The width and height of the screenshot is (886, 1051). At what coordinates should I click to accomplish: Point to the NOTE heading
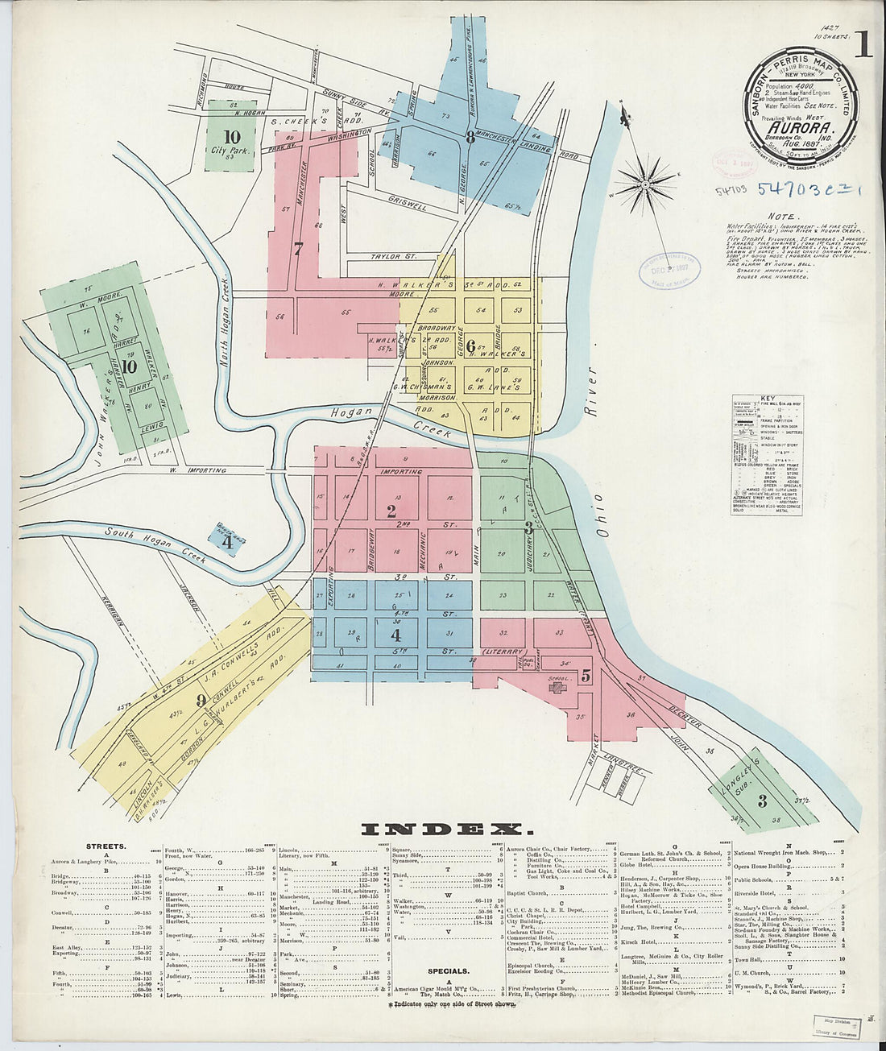(x=780, y=217)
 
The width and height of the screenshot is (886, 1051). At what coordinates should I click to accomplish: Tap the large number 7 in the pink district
(x=298, y=249)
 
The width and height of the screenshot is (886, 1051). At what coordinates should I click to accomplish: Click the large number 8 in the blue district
(x=470, y=136)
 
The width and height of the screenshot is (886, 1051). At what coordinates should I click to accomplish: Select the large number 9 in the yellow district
(x=201, y=700)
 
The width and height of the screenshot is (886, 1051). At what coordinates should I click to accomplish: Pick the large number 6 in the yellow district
(x=470, y=346)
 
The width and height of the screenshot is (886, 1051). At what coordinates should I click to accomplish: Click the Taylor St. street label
(x=391, y=257)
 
